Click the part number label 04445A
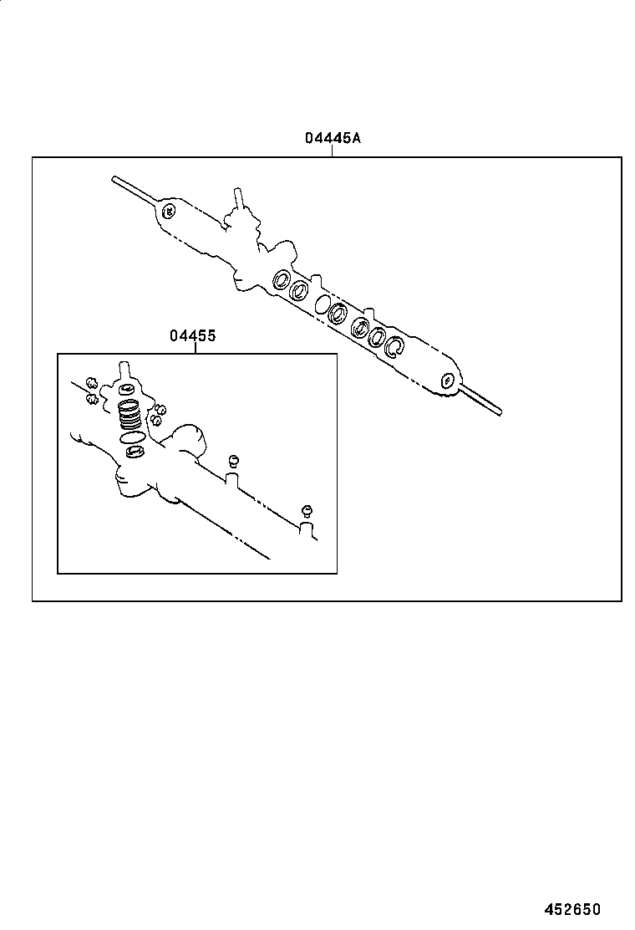(332, 139)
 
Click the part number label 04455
(193, 336)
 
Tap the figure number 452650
(573, 909)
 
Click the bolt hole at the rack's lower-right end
(449, 381)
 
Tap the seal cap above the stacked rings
(127, 390)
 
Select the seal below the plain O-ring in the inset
(134, 452)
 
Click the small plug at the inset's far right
(307, 511)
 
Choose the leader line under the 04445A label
(333, 151)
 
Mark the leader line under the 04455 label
(195, 348)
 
